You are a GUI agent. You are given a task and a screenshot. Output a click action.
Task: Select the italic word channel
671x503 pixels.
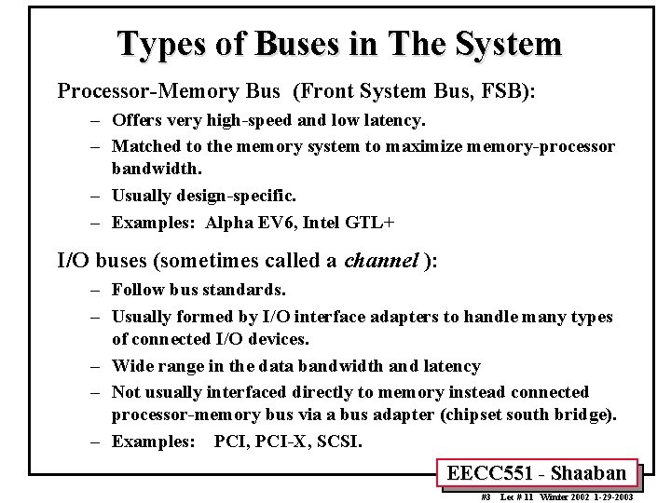380,262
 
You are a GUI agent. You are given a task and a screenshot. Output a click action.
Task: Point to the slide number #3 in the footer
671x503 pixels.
484,496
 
